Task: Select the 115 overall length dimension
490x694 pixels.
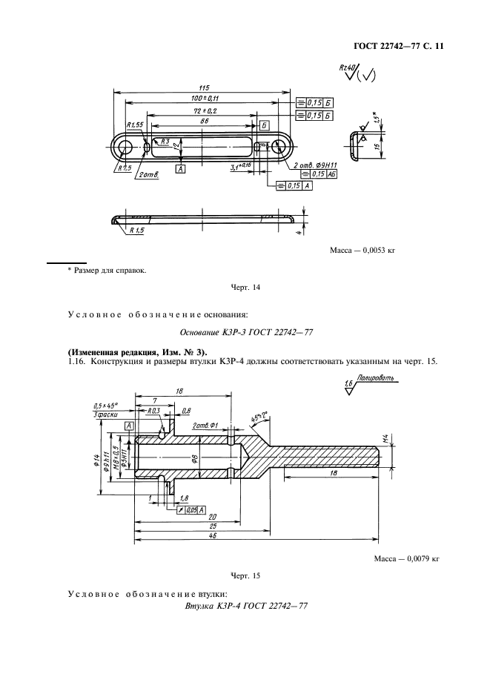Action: click(x=203, y=87)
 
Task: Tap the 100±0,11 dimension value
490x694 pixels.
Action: click(x=203, y=98)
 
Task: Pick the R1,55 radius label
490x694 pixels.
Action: click(x=134, y=125)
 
